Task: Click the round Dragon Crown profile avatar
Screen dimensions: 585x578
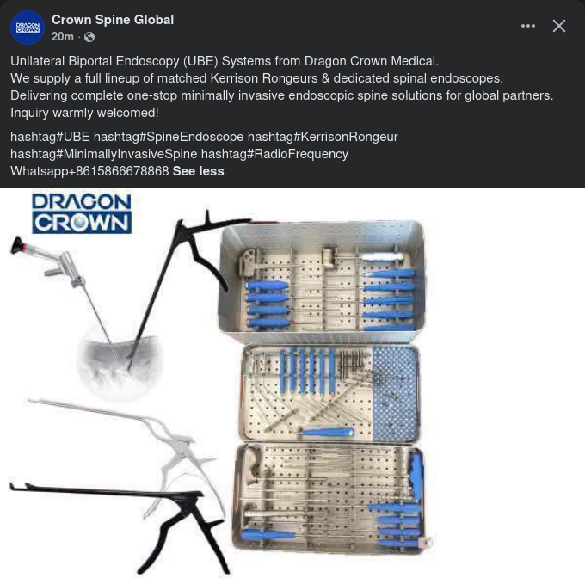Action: coord(28,28)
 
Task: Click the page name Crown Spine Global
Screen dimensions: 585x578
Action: coord(113,20)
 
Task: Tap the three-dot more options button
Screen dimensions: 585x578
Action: coord(528,26)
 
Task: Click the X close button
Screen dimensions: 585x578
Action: coord(559,26)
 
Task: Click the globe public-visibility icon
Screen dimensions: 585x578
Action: coord(89,37)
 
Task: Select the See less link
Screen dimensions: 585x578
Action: coord(199,171)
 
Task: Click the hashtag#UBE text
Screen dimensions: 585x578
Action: coord(50,137)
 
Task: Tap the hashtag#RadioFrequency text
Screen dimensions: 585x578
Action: coord(274,154)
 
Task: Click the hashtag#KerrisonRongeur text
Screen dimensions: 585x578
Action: coord(323,137)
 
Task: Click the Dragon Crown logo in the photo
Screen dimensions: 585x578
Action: coord(82,213)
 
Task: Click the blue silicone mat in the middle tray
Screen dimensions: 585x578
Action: coord(395,393)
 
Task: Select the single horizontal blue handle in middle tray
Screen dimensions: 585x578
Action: coord(326,432)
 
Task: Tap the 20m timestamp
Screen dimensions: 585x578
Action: coord(62,36)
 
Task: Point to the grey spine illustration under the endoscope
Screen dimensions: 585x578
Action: coord(120,366)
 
